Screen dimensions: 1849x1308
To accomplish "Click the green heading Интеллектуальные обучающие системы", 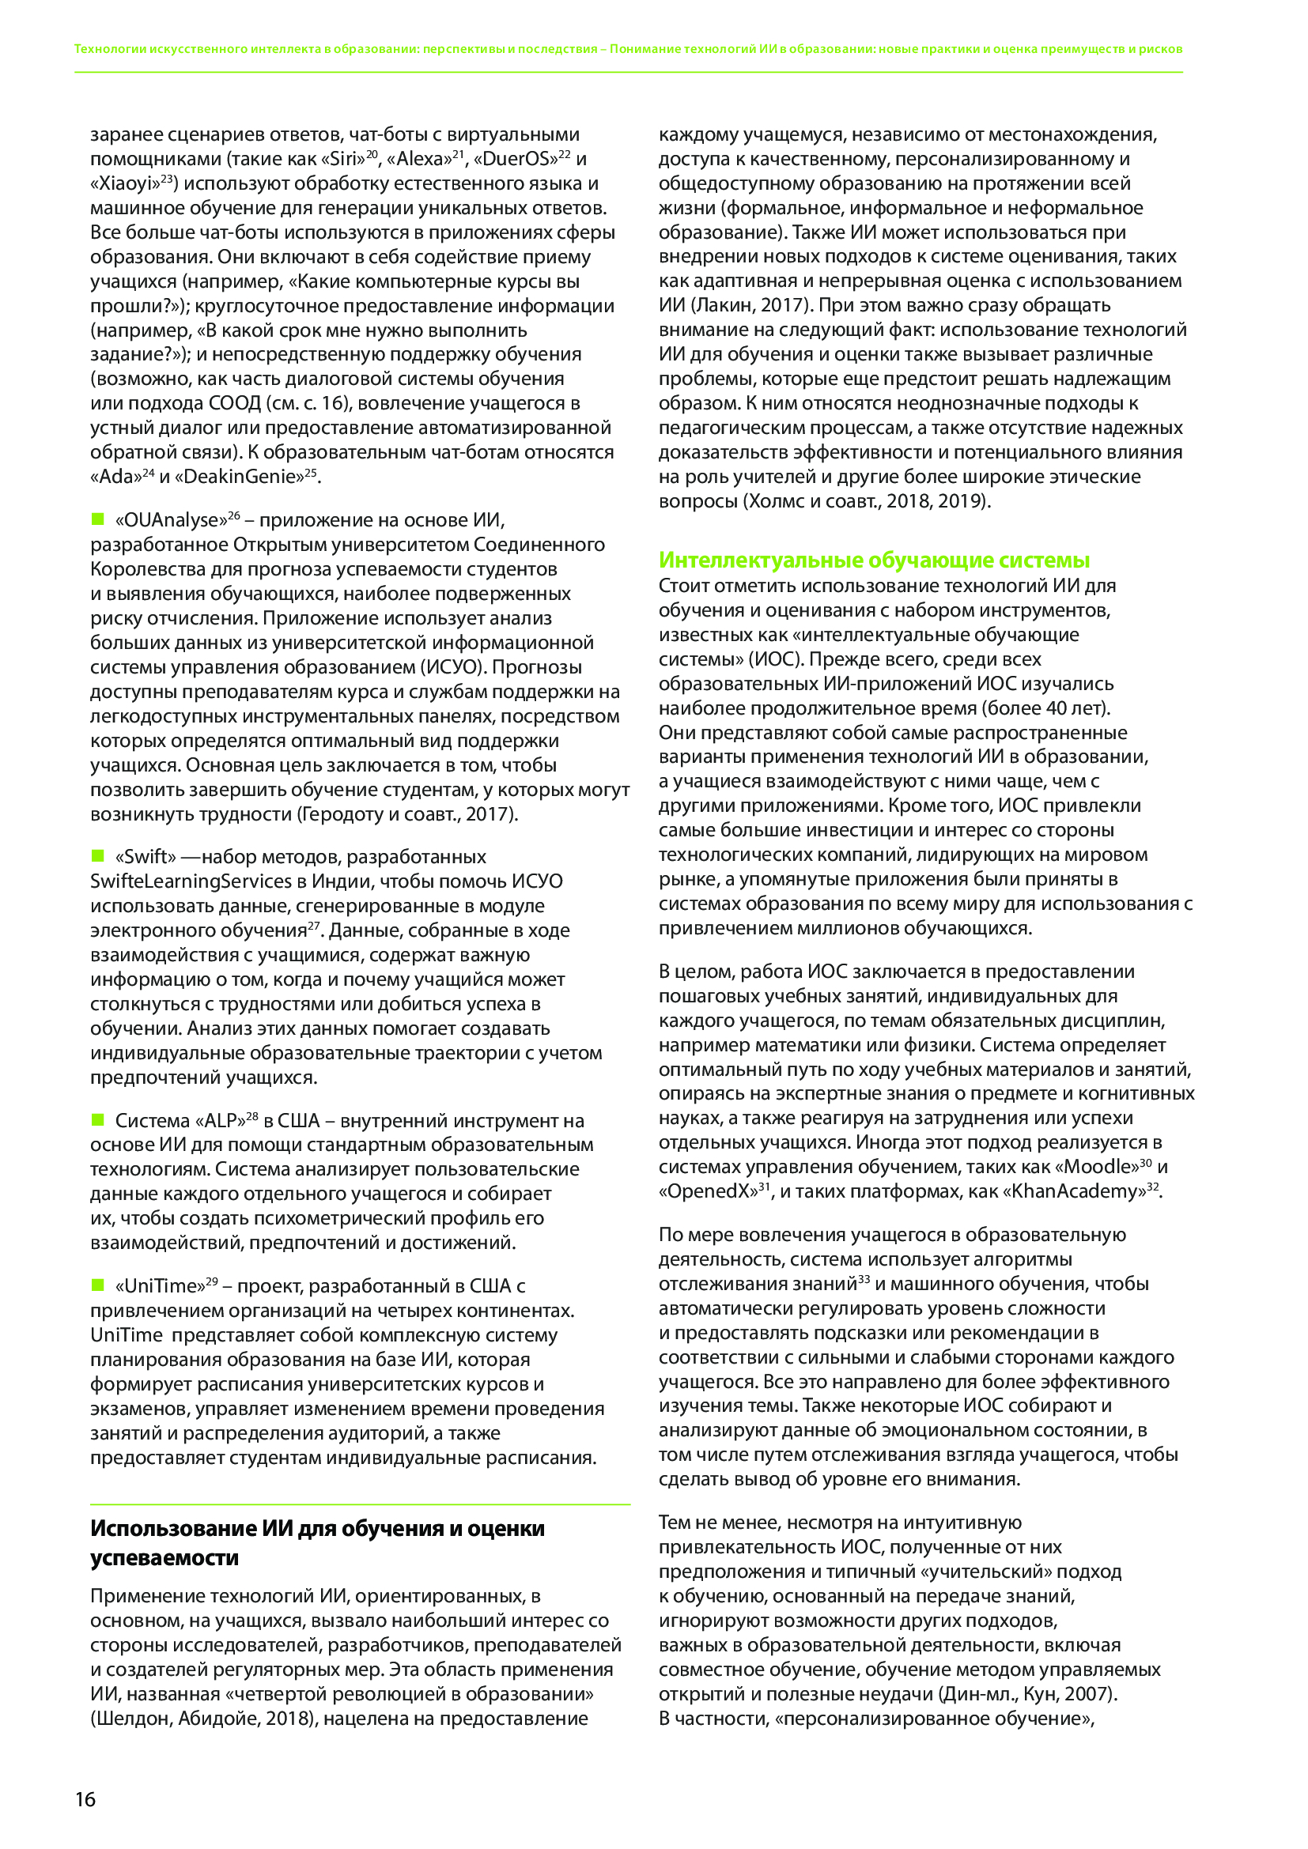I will pos(874,560).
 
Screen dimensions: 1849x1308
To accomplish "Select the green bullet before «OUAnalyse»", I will pos(98,519).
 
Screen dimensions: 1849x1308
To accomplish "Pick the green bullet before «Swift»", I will pos(98,855).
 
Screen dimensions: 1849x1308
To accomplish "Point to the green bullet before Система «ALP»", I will pos(98,1119).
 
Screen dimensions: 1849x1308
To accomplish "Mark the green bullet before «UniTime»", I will pos(98,1285).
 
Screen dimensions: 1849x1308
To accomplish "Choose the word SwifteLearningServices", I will pos(191,881).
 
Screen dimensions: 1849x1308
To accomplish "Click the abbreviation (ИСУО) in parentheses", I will pos(450,667).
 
